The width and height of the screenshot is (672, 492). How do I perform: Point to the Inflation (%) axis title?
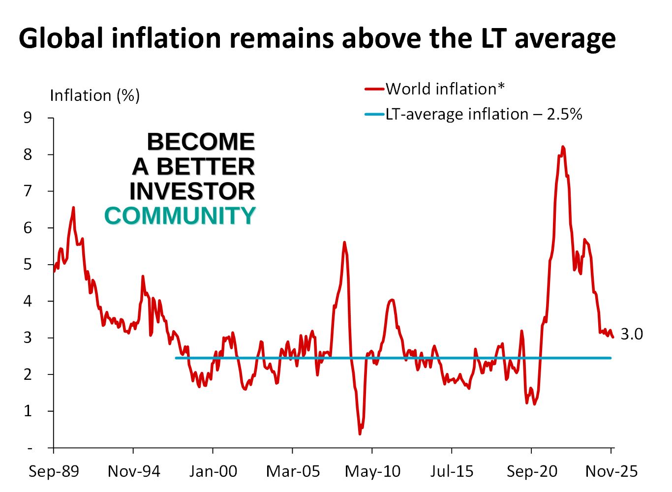pos(95,95)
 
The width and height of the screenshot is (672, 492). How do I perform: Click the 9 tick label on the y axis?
pos(28,118)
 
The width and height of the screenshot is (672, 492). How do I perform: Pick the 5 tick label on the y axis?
pos(28,264)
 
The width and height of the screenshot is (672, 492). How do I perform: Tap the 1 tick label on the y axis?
pos(28,411)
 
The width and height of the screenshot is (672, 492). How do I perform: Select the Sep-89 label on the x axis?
pos(54,471)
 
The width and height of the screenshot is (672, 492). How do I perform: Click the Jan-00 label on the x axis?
pos(213,471)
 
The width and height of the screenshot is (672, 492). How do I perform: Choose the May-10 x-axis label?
pos(372,471)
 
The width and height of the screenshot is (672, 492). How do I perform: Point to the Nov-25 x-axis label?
pos(611,471)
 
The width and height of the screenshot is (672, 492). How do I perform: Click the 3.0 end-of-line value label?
pos(632,334)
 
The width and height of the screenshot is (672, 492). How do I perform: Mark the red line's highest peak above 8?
pos(563,147)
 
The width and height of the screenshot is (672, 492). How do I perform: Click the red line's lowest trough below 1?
pos(360,433)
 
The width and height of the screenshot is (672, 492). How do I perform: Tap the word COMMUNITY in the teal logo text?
pos(180,216)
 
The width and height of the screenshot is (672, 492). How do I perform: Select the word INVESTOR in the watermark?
pos(192,191)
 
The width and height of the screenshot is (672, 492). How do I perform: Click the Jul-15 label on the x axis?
pos(452,471)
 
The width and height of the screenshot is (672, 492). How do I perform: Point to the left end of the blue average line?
pos(176,358)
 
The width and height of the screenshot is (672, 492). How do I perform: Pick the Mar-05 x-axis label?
pos(293,471)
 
